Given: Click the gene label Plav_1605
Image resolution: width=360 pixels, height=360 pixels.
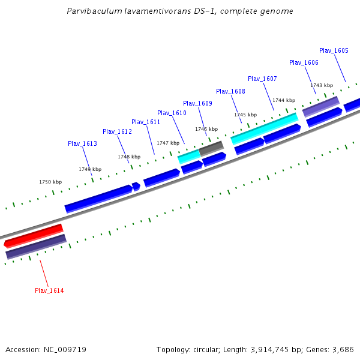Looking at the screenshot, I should (x=334, y=50).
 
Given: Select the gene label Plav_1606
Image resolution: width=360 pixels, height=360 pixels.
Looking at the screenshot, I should (x=304, y=62).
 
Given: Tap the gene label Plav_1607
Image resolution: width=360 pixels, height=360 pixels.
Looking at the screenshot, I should (x=262, y=79).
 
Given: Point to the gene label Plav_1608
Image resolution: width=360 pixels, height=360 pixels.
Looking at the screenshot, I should (x=230, y=91).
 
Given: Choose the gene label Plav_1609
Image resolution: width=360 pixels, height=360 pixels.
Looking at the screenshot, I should (x=197, y=103).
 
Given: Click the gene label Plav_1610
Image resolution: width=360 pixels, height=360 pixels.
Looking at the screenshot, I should (x=172, y=113).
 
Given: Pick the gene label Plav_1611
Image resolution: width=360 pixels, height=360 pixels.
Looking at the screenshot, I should (x=146, y=122).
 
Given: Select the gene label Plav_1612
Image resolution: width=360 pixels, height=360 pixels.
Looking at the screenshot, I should (x=117, y=131).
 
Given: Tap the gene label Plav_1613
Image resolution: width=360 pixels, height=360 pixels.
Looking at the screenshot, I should (x=82, y=143).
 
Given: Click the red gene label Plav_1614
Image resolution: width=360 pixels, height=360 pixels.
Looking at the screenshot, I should (x=49, y=290).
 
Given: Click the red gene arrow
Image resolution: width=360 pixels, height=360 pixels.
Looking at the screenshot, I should (x=34, y=235).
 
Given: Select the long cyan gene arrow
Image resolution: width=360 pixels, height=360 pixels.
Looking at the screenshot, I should (x=265, y=129).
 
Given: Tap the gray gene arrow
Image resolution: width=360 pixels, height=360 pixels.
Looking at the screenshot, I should (x=211, y=148).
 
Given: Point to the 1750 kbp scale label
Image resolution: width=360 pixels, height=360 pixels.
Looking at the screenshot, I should (x=50, y=182).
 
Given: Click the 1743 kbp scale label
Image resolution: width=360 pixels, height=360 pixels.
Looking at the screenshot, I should (x=321, y=85).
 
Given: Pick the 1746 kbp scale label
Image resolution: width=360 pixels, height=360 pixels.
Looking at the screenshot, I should (x=206, y=129).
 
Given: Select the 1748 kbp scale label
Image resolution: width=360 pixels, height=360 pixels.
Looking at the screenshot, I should (x=129, y=157).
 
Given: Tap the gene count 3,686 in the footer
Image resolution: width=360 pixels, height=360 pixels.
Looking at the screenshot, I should (x=342, y=349).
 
